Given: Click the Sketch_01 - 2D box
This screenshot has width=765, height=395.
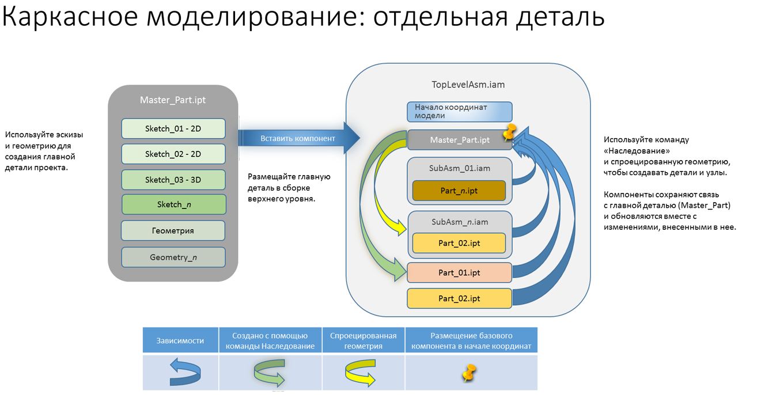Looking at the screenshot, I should [x=173, y=129].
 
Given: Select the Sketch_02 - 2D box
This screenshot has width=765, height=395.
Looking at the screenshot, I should [x=173, y=154].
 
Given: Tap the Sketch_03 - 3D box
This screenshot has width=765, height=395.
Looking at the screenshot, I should [x=173, y=180].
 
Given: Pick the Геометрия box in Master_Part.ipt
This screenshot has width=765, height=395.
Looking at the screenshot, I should [x=173, y=230].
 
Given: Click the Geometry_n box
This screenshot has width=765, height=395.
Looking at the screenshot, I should [x=173, y=257].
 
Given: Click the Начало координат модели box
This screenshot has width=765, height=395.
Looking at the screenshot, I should [x=459, y=112].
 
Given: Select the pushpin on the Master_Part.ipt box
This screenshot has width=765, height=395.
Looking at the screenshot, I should [x=509, y=132].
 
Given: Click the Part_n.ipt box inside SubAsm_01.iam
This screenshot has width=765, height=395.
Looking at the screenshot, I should [x=459, y=191].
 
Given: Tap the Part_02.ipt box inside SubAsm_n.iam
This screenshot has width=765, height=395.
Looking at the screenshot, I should [x=459, y=243].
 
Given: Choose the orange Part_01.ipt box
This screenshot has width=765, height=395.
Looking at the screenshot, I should [x=459, y=272].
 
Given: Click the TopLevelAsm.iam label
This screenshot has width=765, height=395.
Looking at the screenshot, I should [x=468, y=85].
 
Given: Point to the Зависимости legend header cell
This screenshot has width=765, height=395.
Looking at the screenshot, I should [x=180, y=341].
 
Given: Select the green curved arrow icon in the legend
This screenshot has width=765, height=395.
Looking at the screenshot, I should [x=270, y=373].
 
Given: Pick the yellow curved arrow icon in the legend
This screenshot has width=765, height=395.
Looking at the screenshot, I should [x=361, y=373].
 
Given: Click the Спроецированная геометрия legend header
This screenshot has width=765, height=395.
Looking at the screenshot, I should [x=363, y=341].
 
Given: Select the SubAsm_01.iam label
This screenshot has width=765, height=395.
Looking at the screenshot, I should [x=459, y=168].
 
